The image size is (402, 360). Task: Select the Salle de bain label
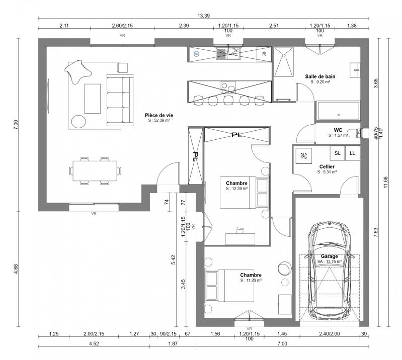point(320,76)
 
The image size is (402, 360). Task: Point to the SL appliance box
point(337,153)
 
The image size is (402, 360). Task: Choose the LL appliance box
point(352,153)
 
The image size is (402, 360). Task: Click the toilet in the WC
point(357,133)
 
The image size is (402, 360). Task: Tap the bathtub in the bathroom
point(338,110)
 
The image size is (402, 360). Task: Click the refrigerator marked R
point(264,53)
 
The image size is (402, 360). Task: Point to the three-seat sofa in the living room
point(120,99)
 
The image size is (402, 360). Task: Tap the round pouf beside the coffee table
point(78,121)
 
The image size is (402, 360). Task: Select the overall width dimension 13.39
point(203,16)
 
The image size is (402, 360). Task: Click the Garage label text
point(330,256)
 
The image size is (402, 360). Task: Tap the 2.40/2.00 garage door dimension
point(330,334)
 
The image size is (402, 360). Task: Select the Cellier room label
point(327,166)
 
